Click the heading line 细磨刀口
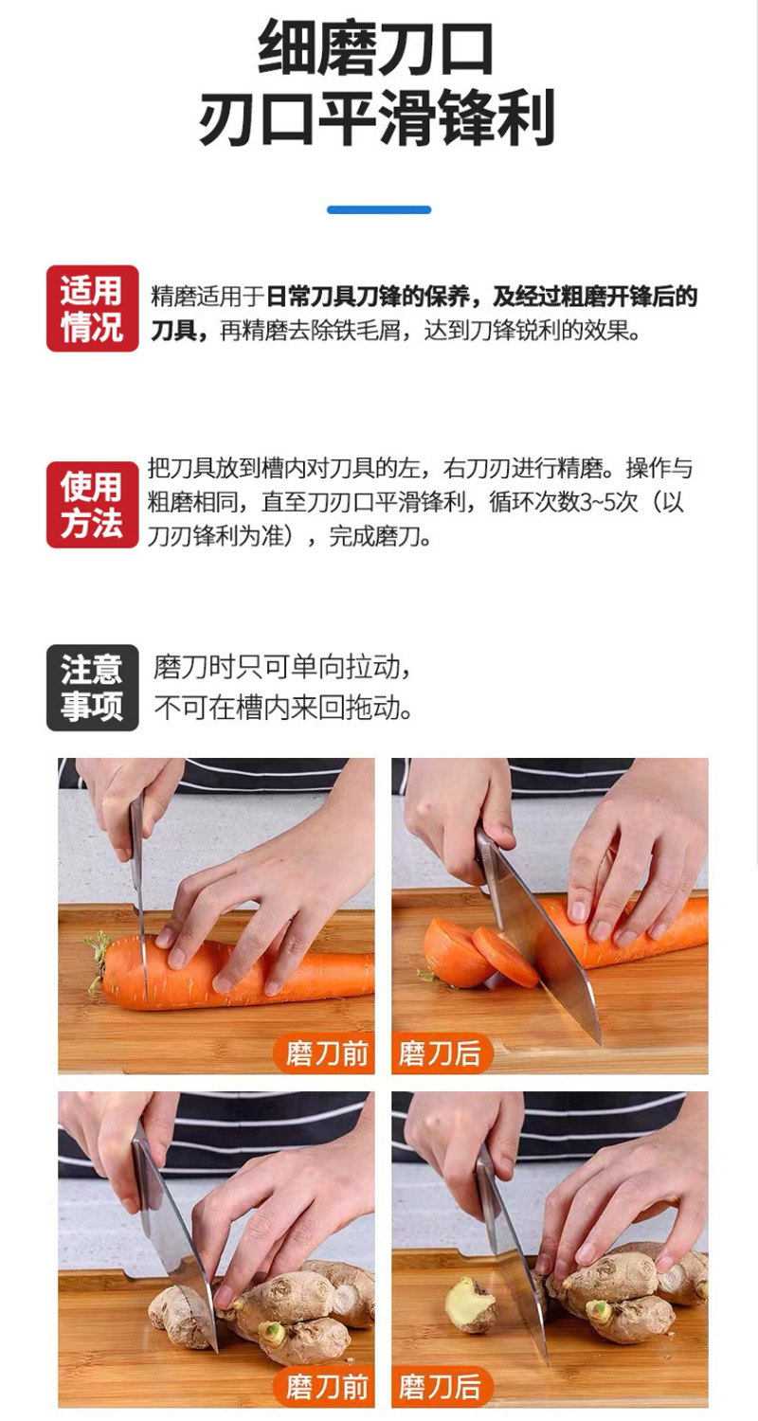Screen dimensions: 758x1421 click(375, 47)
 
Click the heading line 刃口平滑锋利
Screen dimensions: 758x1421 click(377, 117)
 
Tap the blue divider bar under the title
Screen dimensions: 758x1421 click(379, 210)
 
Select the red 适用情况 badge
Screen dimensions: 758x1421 click(93, 308)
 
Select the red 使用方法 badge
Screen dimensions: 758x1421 click(93, 504)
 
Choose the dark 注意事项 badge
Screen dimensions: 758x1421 click(93, 688)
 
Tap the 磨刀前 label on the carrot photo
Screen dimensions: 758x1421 click(325, 1053)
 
